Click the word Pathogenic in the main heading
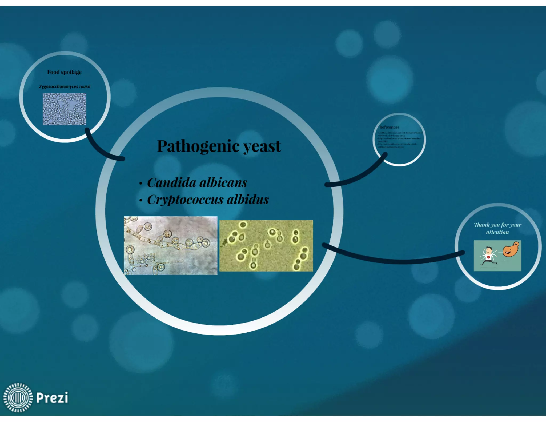pos(198,146)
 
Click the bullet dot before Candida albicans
pos(141,184)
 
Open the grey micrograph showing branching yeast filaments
pos(170,245)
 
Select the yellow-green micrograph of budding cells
pos(266,246)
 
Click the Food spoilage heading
pos(64,72)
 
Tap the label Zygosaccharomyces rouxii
pos(65,86)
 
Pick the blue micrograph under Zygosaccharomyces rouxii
pos(64,109)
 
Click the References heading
pos(389,127)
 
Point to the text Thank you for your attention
pos(497,229)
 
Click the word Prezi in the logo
pos(52,397)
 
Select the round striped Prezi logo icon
pos(18,397)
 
